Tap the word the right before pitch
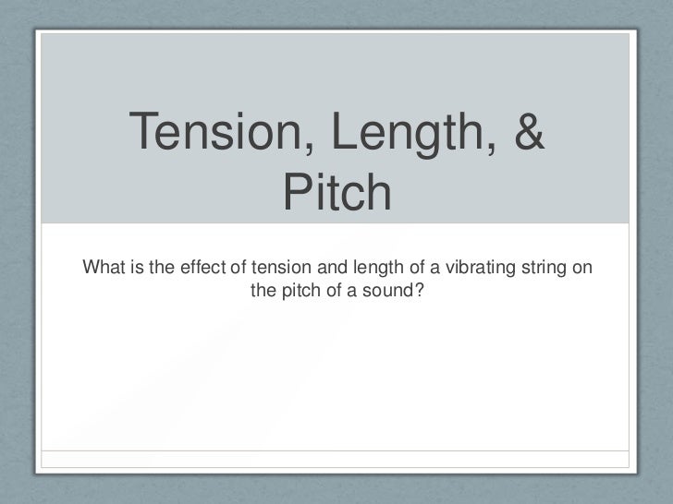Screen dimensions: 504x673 tap(263, 291)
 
